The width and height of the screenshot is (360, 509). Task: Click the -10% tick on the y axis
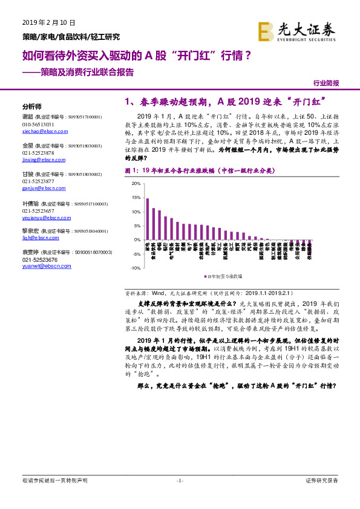coord(136,268)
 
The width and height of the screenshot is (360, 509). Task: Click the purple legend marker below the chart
coord(204,276)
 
